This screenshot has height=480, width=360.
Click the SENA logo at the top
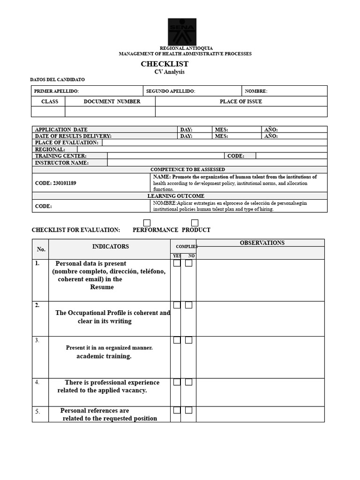182,31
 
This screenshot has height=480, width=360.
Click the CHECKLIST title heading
165,64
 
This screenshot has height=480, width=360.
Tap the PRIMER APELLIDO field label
57,91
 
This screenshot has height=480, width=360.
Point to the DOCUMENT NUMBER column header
112,101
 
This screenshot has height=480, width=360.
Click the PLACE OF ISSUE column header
241,101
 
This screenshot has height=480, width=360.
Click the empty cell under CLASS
48,112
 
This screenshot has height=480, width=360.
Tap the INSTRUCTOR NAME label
62,163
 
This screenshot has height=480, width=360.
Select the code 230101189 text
55,183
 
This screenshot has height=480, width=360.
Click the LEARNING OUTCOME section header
176,196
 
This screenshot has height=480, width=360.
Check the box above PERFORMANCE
147,223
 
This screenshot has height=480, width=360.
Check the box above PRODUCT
195,223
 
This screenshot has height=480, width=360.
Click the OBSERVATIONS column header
262,243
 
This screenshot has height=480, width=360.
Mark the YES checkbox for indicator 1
177,263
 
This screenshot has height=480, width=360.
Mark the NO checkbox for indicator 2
188,305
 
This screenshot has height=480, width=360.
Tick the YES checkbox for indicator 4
177,382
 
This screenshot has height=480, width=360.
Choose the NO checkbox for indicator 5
188,410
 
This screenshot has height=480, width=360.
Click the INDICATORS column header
110,247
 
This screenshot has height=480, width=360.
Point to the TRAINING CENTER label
61,156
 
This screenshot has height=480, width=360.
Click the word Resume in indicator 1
102,287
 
